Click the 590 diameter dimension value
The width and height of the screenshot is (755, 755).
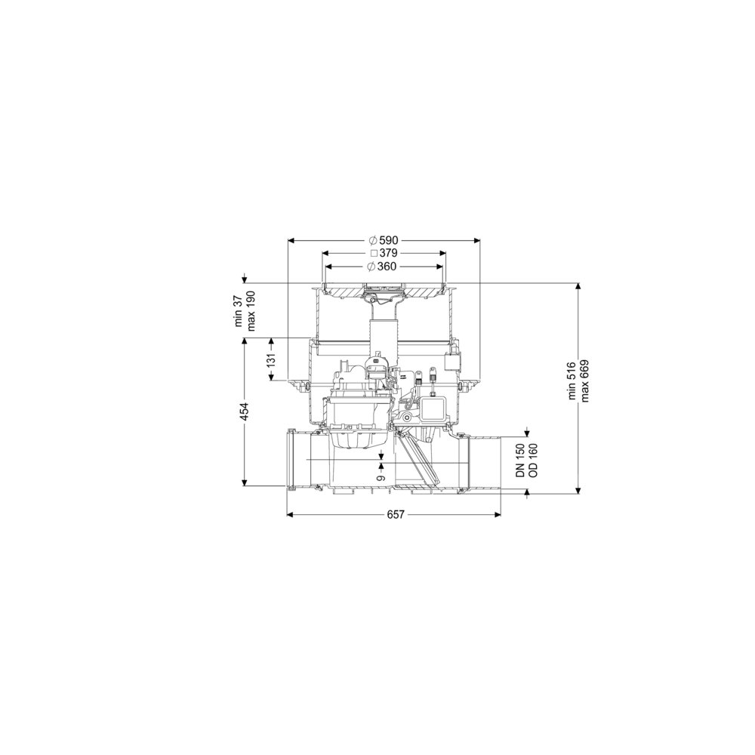click(x=389, y=240)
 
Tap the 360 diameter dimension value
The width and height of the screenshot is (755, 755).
click(x=387, y=267)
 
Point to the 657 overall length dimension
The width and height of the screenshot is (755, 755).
click(x=396, y=515)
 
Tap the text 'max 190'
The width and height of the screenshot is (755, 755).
click(x=251, y=311)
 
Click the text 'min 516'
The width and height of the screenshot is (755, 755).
click(x=572, y=381)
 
